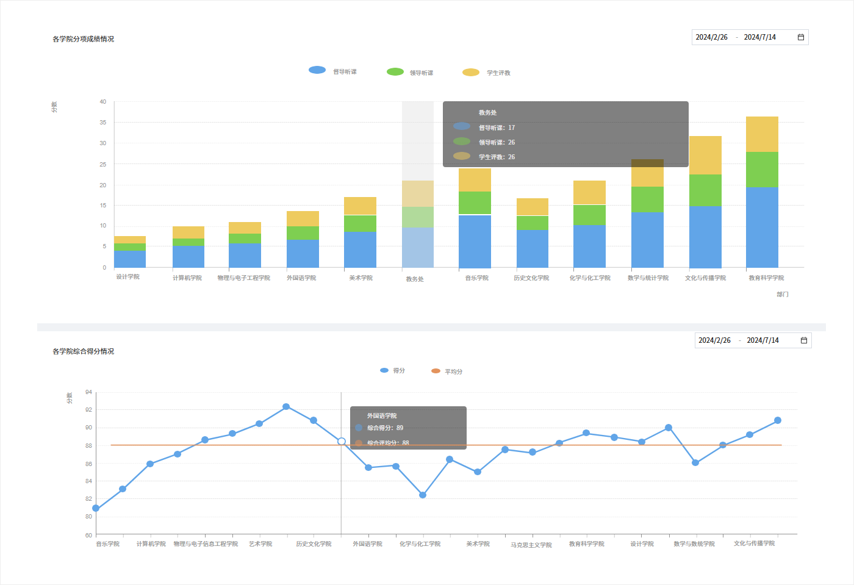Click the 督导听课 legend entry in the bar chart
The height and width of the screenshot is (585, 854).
[x=333, y=71]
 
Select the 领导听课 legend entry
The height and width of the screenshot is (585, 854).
[x=410, y=72]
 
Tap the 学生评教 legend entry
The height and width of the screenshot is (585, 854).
[x=486, y=73]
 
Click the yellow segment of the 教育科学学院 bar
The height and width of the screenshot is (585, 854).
[x=762, y=134]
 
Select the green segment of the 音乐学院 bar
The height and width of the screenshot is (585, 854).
[x=475, y=203]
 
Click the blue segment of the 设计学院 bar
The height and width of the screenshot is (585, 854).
[x=130, y=259]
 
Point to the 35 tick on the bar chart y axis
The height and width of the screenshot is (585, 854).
[x=103, y=123]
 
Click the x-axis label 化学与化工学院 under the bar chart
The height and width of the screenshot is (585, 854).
[x=590, y=278]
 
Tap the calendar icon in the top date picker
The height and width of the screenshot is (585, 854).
[x=801, y=37]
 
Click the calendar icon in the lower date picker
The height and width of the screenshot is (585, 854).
[x=804, y=340]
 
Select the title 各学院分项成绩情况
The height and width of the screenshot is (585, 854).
[x=83, y=39]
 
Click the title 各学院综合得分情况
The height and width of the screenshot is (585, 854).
[x=83, y=351]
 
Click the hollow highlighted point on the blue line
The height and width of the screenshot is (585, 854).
[x=342, y=441]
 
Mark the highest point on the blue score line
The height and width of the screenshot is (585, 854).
[x=286, y=407]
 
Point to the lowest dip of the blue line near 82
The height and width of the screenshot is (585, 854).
[x=423, y=495]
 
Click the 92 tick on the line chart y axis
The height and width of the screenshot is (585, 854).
[x=88, y=410]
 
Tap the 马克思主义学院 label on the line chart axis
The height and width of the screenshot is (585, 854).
[x=531, y=545]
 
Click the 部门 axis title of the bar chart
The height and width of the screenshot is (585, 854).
[x=782, y=295]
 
